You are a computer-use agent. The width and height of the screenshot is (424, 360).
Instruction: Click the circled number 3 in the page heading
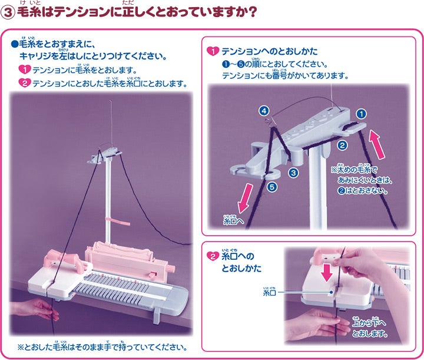[8, 13]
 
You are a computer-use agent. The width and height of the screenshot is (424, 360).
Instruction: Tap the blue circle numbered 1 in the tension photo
[361, 114]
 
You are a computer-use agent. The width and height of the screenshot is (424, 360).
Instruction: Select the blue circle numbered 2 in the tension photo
[342, 146]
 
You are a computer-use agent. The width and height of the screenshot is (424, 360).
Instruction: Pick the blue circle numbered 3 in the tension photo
[293, 173]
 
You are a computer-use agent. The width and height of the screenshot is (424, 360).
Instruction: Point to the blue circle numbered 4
[264, 111]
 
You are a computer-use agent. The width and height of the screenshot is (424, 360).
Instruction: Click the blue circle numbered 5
[272, 187]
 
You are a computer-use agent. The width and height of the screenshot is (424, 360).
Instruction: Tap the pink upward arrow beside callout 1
[377, 144]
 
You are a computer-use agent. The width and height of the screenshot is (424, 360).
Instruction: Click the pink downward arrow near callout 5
[245, 199]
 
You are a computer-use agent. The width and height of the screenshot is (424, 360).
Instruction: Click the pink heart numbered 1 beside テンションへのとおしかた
[213, 51]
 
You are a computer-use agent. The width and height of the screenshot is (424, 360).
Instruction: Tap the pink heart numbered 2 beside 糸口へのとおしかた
[213, 256]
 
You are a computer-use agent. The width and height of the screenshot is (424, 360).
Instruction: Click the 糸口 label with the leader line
[269, 292]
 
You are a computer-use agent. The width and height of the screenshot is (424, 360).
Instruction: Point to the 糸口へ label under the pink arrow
[233, 220]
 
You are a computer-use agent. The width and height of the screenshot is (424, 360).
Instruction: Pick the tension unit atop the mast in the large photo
[105, 156]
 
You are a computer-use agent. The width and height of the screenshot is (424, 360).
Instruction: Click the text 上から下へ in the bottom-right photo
[369, 322]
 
